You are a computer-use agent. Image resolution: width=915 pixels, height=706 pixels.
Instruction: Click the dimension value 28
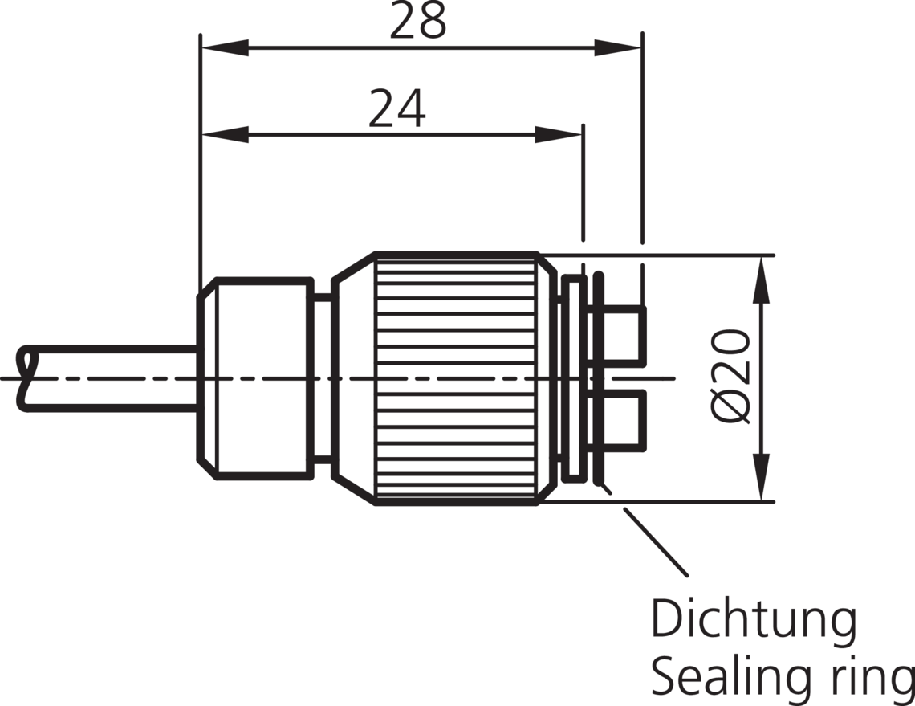coord(417,20)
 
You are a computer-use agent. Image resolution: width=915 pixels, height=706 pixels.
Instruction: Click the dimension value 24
coord(396,108)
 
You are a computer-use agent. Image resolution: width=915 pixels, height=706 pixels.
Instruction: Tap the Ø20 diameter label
coord(730,376)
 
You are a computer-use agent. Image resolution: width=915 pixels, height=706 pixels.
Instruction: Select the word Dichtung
coord(754,620)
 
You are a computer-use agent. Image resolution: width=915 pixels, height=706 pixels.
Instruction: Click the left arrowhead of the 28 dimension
coord(225,48)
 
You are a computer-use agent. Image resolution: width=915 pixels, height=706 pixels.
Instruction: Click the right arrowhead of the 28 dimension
coord(618,48)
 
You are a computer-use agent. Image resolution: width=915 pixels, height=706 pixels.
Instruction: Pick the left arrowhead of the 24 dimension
coord(225,135)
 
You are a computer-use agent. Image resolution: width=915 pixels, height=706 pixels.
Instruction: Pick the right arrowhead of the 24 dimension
coord(559,135)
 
